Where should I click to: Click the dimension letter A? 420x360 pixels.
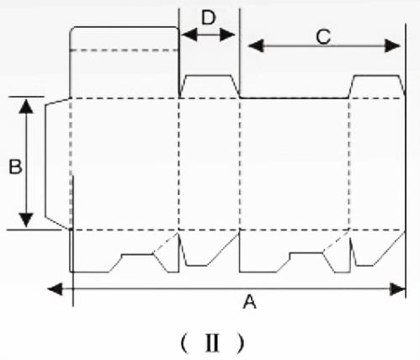coord(250,302)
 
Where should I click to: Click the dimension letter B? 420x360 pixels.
coord(15,167)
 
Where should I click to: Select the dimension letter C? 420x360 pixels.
coord(323,37)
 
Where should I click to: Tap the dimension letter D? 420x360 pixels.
coord(209,18)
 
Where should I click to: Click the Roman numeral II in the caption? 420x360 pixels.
coord(212,342)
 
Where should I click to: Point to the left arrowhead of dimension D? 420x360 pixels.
coord(189,34)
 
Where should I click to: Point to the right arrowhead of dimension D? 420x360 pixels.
coord(227,34)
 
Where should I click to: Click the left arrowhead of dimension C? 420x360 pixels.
coord(256,45)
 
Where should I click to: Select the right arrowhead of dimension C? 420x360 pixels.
coord(392,45)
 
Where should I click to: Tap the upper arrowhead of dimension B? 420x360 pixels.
coord(26,106)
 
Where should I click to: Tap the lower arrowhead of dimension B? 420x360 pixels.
coord(26,220)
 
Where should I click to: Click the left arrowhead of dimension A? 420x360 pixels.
coord(55,289)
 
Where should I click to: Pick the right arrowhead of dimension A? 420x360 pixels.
coord(398,289)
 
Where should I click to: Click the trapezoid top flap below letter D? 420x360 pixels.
coord(210,87)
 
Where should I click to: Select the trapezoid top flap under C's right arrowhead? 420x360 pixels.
coord(377,87)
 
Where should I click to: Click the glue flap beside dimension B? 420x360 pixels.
coord(57,163)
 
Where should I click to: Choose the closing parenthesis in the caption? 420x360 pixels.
coord(240,342)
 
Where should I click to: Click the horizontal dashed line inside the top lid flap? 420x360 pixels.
coord(125,50)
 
